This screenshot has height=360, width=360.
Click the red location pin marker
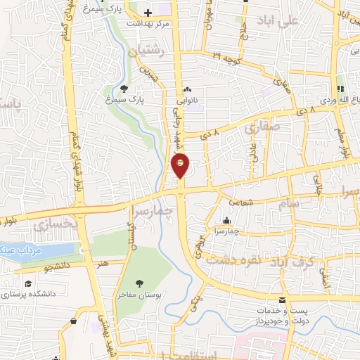click(x=180, y=165)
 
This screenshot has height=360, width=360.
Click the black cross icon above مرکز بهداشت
click(x=148, y=13)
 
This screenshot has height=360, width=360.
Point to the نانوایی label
click(x=187, y=101)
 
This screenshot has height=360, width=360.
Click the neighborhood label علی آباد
click(x=298, y=20)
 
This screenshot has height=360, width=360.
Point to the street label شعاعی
click(x=261, y=202)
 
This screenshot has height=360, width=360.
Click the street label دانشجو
click(x=57, y=268)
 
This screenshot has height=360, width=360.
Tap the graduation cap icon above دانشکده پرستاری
click(x=27, y=283)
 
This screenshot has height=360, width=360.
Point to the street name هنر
click(x=103, y=263)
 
